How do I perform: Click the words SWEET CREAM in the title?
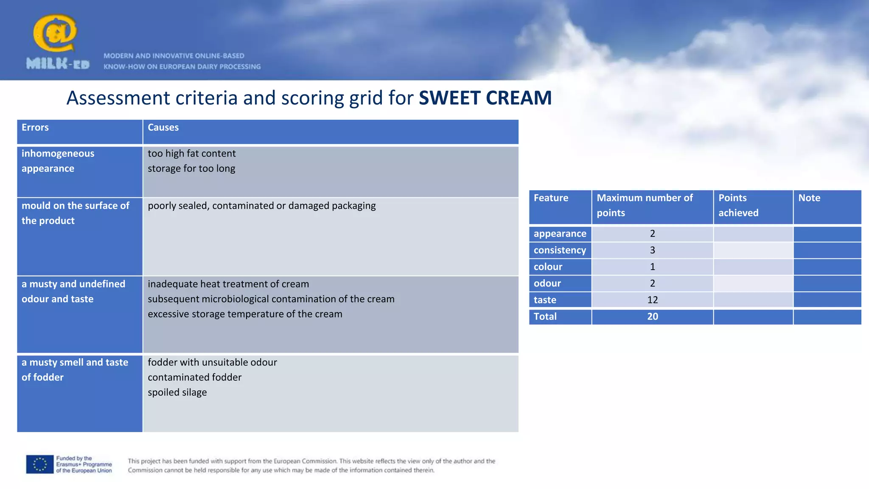coord(485,98)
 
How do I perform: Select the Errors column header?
coord(35,128)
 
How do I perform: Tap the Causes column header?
coord(163,128)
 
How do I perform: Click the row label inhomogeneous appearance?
coord(58,161)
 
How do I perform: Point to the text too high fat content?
coord(191,154)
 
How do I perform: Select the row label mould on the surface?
coord(75,213)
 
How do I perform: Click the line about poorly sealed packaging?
coord(261,206)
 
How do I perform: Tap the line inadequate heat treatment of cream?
coord(228,284)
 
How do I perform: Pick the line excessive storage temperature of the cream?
coord(245,314)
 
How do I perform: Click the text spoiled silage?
coord(177,392)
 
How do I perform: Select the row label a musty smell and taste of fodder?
coord(75,370)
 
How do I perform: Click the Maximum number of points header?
coord(644,205)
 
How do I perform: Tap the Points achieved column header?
coord(738,205)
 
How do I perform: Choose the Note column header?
coord(809,198)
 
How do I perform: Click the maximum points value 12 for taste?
coord(652,300)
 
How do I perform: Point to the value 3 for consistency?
coord(652,250)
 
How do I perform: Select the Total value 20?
coord(652,317)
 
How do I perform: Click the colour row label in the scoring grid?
coord(548,267)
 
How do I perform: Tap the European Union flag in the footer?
coord(40,464)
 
